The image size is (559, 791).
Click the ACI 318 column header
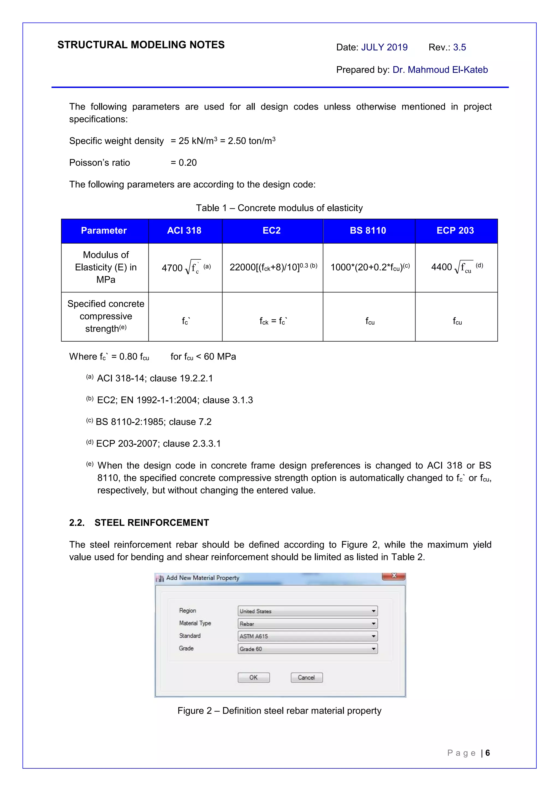(x=185, y=230)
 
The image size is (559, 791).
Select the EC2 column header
(x=272, y=230)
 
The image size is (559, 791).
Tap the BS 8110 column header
(x=368, y=230)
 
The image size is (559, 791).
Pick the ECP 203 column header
(x=455, y=230)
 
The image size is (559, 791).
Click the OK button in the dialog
(x=254, y=677)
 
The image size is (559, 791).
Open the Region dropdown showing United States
(x=307, y=611)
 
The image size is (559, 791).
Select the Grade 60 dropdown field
(x=307, y=649)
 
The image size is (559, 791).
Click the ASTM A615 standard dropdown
(x=307, y=636)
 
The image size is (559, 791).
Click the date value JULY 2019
(x=384, y=47)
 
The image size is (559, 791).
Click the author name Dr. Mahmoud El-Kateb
(x=440, y=70)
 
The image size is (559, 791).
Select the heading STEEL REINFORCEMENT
(x=151, y=523)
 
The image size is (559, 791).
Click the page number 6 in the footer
(x=487, y=753)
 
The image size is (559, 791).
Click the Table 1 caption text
(x=279, y=208)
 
